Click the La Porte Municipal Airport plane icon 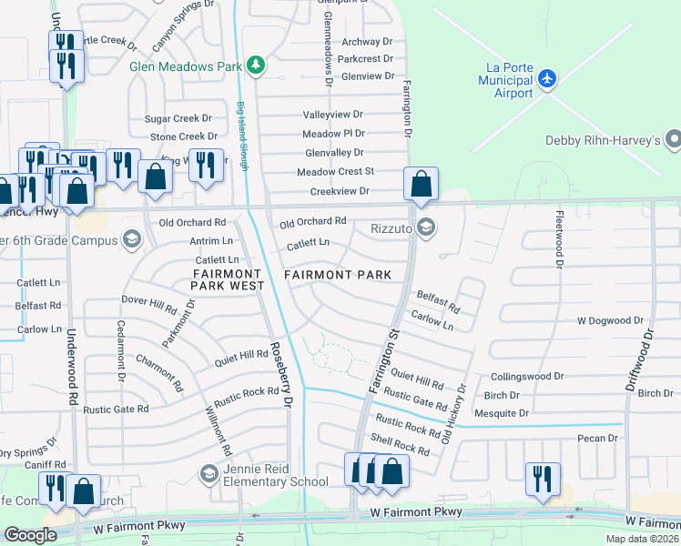[x=546, y=78]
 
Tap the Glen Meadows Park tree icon [x=258, y=66]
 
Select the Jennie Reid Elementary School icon [x=208, y=474]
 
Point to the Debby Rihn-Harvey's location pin [x=673, y=139]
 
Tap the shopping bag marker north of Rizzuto [x=421, y=185]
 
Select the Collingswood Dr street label [x=527, y=376]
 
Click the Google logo [x=30, y=535]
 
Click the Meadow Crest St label [x=335, y=171]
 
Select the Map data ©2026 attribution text [x=642, y=539]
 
